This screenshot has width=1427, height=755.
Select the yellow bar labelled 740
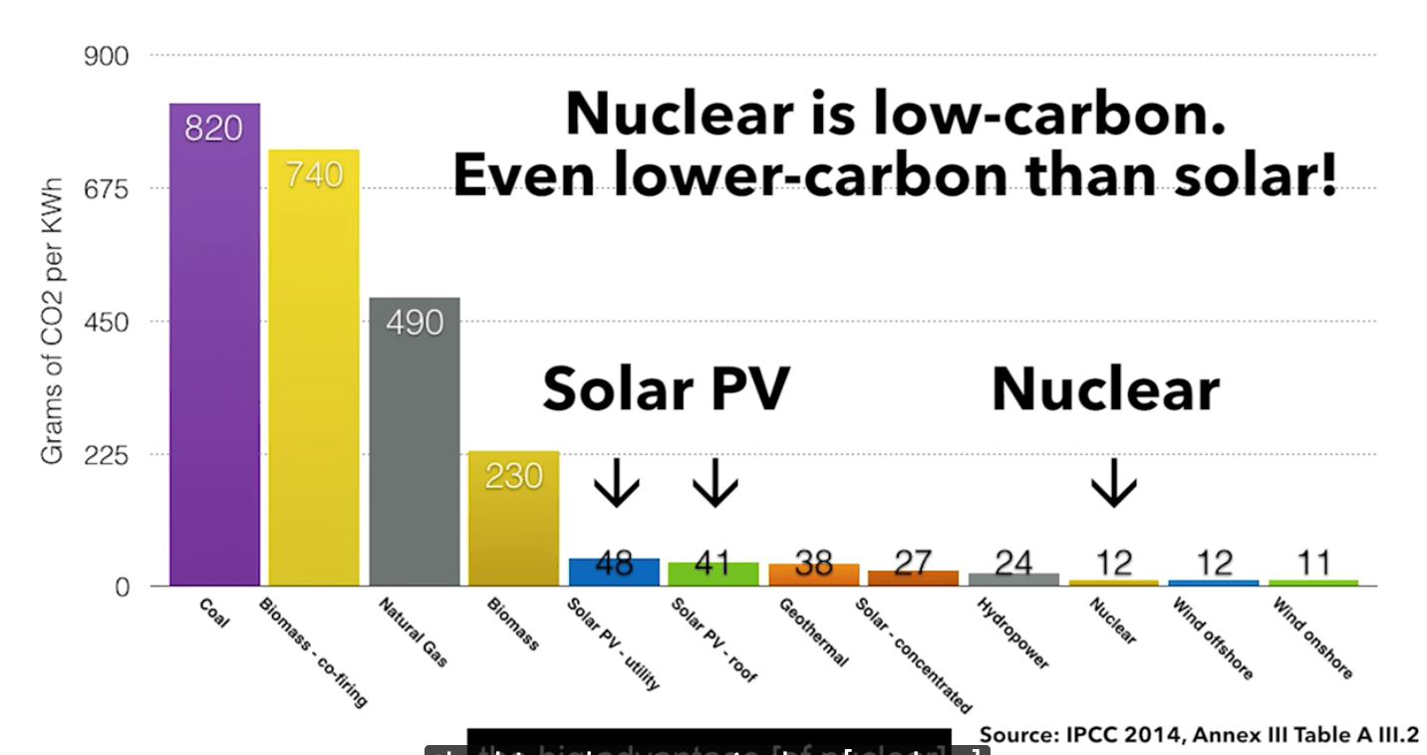click(314, 369)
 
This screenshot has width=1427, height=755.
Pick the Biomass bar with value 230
click(513, 518)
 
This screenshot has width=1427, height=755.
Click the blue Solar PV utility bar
click(614, 572)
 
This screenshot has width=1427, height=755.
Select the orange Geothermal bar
click(813, 575)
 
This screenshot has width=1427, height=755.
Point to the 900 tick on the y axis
click(107, 56)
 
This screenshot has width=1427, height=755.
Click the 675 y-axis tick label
click(107, 188)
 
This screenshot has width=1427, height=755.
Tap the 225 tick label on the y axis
click(107, 454)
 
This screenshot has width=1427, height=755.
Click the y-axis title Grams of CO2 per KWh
click(52, 321)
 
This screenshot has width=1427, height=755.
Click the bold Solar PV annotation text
click(666, 388)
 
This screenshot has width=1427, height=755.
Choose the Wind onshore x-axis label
click(1312, 637)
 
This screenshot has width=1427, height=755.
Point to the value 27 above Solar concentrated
click(913, 563)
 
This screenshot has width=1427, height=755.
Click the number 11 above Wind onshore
click(1313, 563)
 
